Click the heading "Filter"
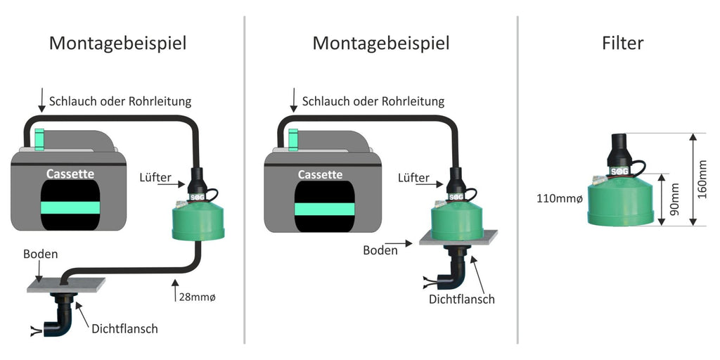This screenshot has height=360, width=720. [x=622, y=43]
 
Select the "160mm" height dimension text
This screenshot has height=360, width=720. [x=702, y=179]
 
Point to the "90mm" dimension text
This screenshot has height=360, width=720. [x=674, y=200]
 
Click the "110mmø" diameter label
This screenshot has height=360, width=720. [x=559, y=199]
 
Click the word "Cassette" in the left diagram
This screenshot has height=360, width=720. [x=70, y=174]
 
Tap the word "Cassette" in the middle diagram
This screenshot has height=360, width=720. [x=320, y=175]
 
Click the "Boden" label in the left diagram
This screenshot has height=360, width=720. [x=40, y=254]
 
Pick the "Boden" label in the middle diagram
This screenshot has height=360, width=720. [x=380, y=251]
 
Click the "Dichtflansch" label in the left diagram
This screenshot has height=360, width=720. [x=125, y=329]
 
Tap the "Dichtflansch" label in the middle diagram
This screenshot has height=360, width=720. [x=462, y=300]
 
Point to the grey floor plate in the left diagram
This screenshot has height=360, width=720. [x=66, y=285]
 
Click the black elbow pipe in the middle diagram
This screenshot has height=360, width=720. [x=454, y=271]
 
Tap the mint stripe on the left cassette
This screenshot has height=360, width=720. [x=70, y=207]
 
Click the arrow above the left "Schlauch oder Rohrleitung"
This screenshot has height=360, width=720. [x=41, y=100]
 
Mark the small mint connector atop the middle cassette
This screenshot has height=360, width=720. [x=293, y=140]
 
